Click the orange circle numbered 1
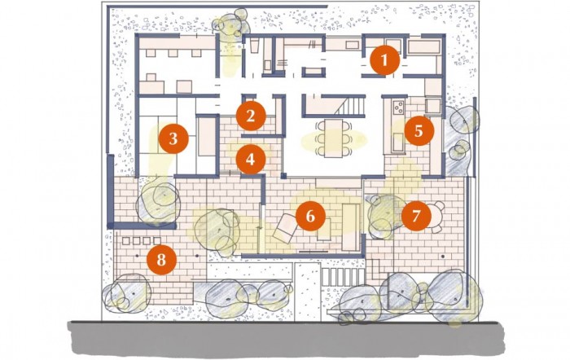(x=384, y=60)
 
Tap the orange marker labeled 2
(x=251, y=116)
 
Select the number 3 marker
(x=173, y=138)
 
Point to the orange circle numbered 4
(x=251, y=160)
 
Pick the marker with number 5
(x=419, y=131)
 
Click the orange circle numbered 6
(x=310, y=216)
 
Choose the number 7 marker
(x=416, y=216)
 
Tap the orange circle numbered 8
(x=161, y=260)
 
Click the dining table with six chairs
(x=334, y=138)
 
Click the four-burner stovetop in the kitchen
(x=399, y=107)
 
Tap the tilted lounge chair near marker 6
(x=285, y=228)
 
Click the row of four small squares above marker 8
(x=142, y=241)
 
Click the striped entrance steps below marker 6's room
(x=343, y=277)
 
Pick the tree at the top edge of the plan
(x=231, y=23)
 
